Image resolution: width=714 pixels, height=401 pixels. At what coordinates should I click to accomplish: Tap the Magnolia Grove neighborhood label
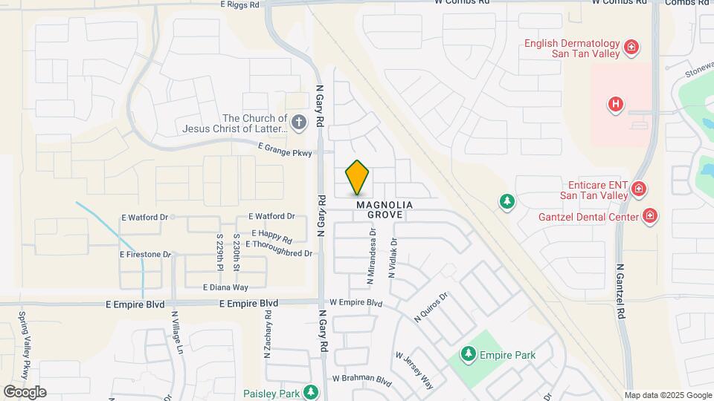click(384, 209)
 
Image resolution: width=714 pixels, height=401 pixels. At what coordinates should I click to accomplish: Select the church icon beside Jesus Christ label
click(298, 123)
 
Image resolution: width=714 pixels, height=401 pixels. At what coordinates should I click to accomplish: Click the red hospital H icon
click(615, 104)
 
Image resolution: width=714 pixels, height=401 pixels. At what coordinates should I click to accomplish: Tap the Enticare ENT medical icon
click(638, 189)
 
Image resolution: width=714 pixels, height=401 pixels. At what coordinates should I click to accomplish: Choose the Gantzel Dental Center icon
click(650, 216)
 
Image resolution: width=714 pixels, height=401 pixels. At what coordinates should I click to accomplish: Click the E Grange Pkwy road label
click(286, 149)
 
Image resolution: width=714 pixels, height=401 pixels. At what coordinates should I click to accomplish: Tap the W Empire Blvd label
click(356, 303)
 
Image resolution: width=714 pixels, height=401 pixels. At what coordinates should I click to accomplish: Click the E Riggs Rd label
click(239, 4)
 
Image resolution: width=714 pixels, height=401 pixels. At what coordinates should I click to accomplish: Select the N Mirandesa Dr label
click(370, 257)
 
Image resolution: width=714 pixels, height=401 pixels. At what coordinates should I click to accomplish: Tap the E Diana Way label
click(225, 287)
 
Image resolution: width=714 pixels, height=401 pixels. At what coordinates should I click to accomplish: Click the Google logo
click(25, 392)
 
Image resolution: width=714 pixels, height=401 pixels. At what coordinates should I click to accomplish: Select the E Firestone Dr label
click(146, 254)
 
